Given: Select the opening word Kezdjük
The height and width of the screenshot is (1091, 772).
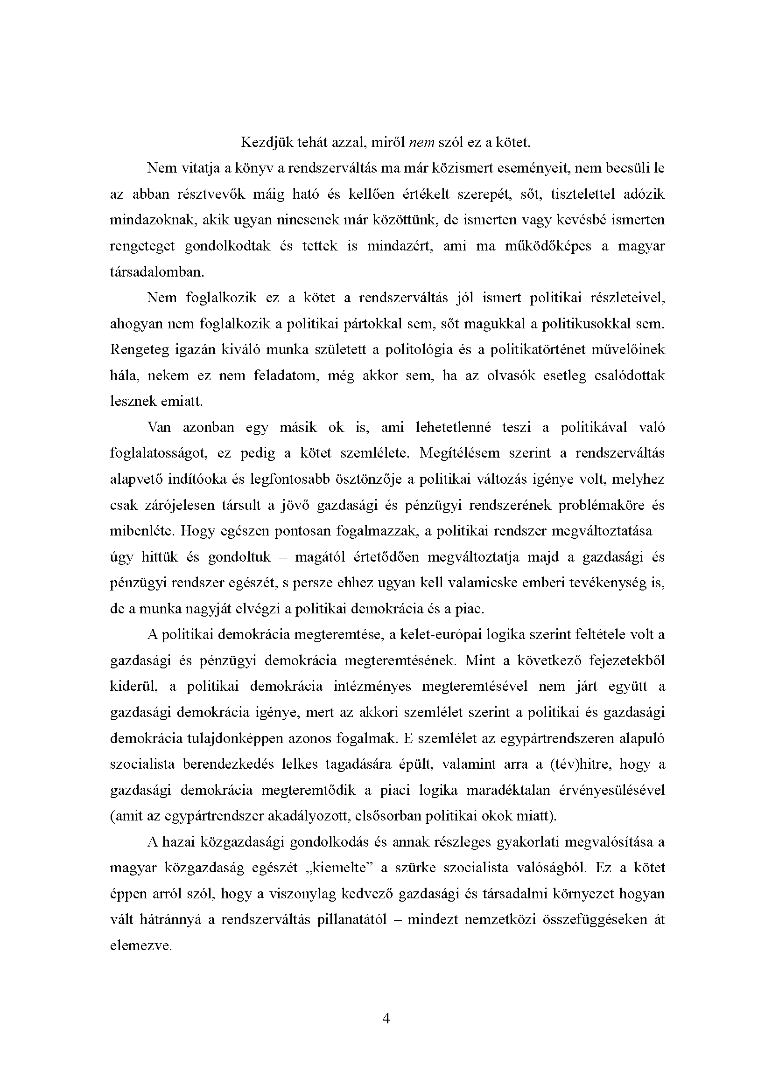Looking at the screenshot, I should coord(266,142).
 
